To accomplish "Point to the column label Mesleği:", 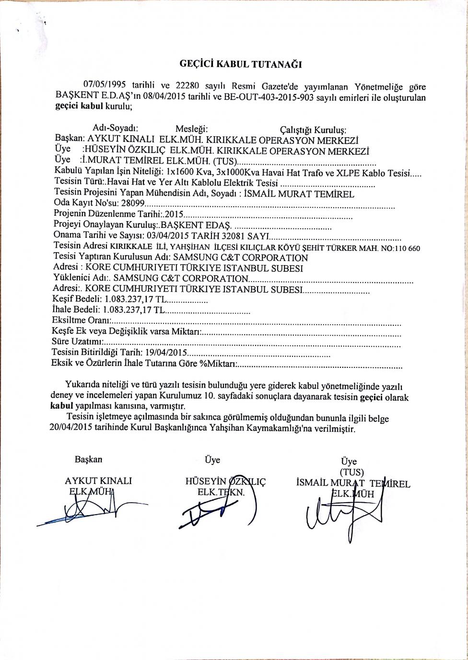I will tap(191, 129).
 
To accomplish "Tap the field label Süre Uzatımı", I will tap(76, 342).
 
